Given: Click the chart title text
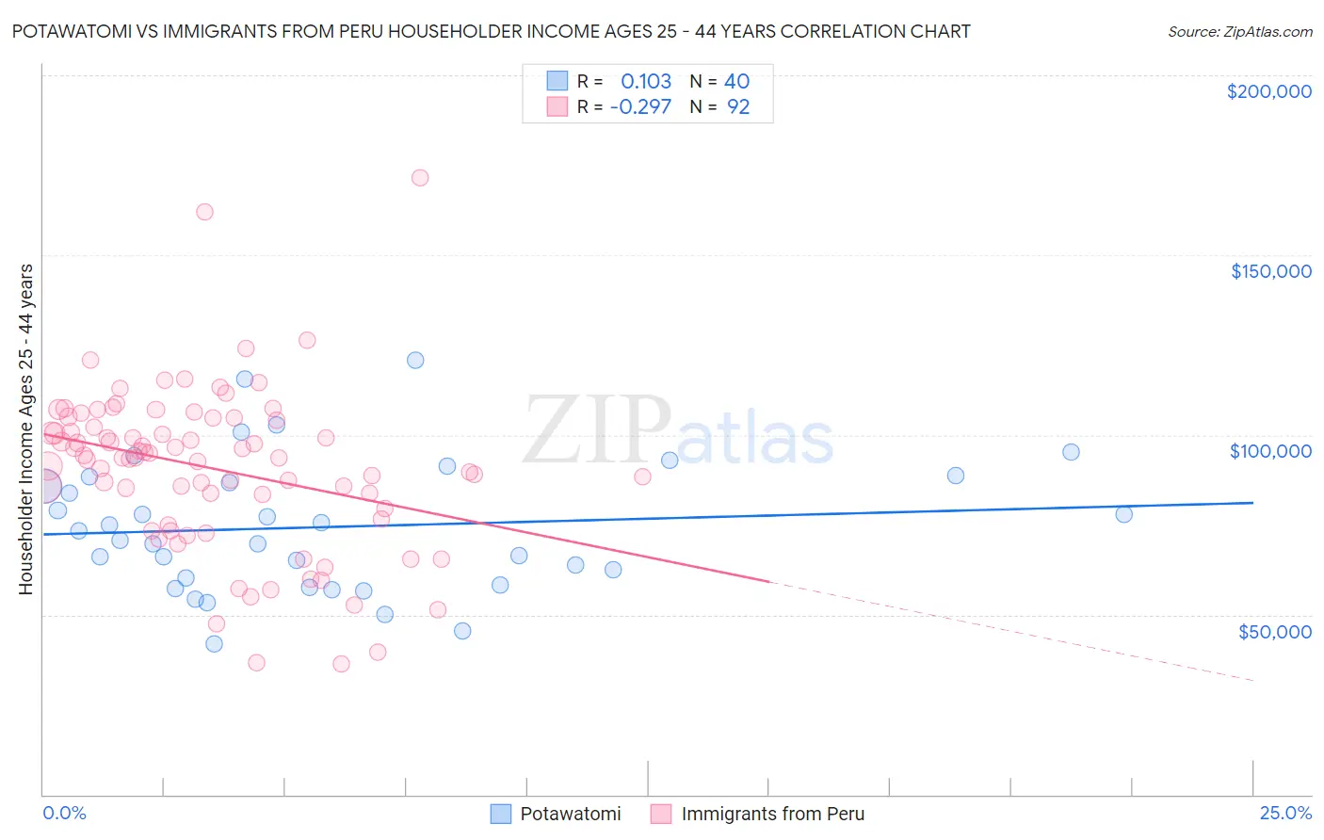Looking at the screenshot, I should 491,31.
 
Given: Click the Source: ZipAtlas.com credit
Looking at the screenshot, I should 1239,31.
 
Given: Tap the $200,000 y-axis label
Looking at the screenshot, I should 1268,91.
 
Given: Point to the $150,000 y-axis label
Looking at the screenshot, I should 1270,271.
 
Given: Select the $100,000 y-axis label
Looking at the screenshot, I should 1270,451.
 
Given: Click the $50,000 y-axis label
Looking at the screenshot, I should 1274,631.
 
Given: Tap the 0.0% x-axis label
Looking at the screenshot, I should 64,813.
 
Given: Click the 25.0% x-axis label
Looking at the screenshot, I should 1285,813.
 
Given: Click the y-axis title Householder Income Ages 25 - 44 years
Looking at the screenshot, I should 25,429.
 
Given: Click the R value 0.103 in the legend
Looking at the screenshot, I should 646,81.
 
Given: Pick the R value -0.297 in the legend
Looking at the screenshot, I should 640,106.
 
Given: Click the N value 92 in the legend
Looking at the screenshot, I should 738,106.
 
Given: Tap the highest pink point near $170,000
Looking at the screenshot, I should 420,178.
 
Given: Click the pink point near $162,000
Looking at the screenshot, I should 204,212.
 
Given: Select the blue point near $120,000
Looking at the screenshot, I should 415,360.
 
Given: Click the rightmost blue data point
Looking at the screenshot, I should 1123,514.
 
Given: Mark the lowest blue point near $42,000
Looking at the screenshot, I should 214,644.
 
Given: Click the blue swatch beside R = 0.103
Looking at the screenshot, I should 557,81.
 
